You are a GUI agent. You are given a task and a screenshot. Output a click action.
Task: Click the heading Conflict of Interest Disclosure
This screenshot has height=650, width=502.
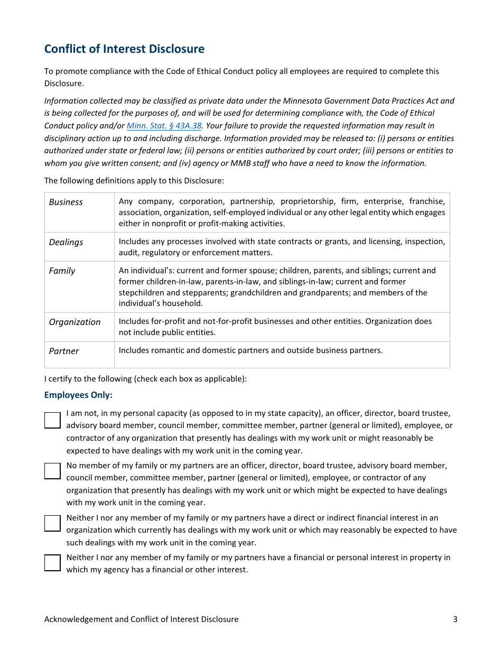pos(124,49)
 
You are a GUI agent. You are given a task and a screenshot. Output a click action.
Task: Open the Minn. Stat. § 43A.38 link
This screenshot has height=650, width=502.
pos(164,126)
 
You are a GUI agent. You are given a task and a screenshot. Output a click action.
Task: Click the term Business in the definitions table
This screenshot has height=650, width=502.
pos(66,202)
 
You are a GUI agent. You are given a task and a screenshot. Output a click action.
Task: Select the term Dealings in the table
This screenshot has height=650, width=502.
pos(66,242)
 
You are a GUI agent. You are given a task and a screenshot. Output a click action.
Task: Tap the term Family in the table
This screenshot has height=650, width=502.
pos(62,271)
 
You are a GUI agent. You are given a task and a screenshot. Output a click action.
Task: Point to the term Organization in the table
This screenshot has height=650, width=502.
pos(75,322)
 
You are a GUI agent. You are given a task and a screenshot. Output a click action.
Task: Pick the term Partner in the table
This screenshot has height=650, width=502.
pos(64,351)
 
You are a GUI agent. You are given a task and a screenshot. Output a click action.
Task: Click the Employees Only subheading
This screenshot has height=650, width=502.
pos(78,395)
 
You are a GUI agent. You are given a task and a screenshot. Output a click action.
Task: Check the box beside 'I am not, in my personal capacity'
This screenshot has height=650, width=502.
pos(52,421)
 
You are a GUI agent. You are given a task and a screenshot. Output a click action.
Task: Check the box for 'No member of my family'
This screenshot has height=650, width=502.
pos(52,471)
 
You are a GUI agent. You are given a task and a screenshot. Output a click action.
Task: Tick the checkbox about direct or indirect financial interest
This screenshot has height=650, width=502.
pos(52,523)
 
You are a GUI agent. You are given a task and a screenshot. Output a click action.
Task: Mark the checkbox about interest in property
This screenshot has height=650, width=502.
pos(52,563)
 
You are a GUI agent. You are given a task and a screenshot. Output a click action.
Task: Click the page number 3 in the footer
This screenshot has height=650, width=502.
pos(455,619)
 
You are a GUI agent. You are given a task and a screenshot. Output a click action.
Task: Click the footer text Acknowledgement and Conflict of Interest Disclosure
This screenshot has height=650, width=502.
pos(141,619)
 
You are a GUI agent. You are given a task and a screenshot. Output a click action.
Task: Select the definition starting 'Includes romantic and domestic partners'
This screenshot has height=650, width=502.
pos(250,350)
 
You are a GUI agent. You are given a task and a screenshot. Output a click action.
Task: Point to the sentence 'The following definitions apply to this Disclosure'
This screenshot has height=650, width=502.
pos(134,181)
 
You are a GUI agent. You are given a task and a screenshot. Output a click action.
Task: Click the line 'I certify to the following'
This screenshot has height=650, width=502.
pos(145,379)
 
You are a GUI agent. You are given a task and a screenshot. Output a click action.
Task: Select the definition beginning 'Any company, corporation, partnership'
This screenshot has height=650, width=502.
pos(282,212)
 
